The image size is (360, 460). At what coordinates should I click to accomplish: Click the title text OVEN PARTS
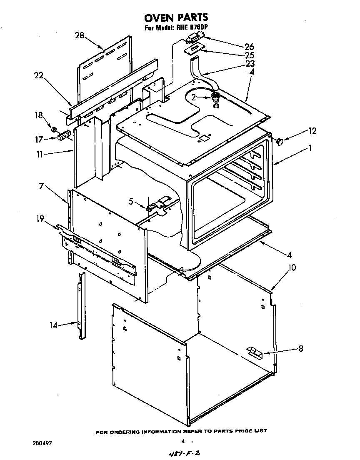pos(176,17)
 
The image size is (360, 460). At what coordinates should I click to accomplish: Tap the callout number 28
pos(80,35)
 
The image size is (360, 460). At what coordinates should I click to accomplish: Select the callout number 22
pos(39,75)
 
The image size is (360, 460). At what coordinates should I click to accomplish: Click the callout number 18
pos(39,115)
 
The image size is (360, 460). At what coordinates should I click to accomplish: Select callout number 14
pos(54,325)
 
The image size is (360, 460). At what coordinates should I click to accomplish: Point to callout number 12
pos(312,131)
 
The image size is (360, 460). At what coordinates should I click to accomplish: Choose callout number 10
pos(292,267)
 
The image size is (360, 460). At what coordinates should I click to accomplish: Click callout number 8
pos(300,349)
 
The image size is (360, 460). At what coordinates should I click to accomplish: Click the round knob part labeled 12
pos(279,142)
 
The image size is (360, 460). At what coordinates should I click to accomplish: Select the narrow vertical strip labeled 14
pos(80,306)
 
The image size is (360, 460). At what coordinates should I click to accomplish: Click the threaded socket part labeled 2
pos(215,97)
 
